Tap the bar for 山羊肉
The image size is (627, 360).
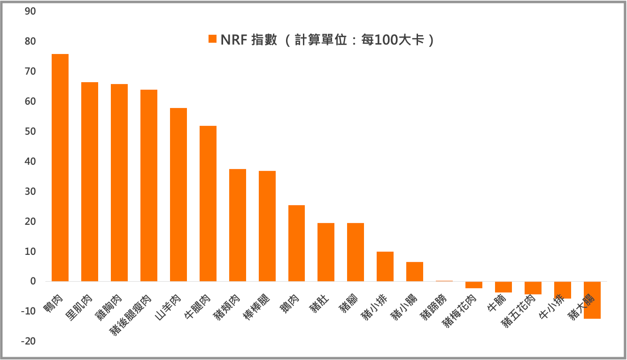pos(178,195)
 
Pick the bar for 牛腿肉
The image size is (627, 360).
pos(208,204)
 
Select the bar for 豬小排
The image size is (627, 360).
pos(385,267)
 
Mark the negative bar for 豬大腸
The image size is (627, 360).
pos(592,300)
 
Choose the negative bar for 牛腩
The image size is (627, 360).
pos(503,287)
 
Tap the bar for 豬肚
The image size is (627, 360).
pos(326,252)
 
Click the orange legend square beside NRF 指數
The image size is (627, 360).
pos(212,39)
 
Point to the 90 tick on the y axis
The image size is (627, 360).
pos(30,11)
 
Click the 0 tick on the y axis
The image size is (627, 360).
pos(33,281)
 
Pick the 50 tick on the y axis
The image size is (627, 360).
pos(30,131)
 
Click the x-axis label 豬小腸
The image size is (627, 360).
pos(405,306)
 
